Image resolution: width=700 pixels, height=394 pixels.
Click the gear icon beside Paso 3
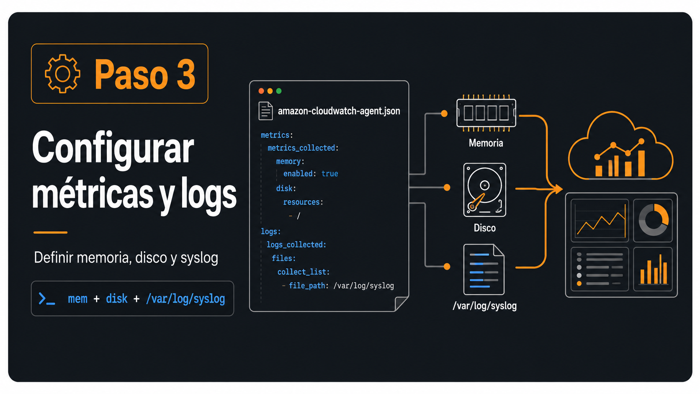(x=62, y=74)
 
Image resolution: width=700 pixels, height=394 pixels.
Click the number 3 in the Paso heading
(x=186, y=75)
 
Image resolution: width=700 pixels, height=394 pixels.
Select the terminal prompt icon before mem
(x=46, y=299)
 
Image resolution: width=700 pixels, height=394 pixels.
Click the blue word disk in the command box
(x=116, y=299)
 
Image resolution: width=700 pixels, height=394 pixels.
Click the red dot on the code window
(x=261, y=91)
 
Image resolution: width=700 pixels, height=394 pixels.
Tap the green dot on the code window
(x=279, y=91)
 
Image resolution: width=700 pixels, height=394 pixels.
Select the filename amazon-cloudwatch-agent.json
(x=339, y=111)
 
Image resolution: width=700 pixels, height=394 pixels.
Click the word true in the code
(x=329, y=174)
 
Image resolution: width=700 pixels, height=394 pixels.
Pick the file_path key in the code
(x=307, y=286)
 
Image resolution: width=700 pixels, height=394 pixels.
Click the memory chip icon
(x=486, y=113)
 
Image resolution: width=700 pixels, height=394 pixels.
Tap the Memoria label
(x=486, y=143)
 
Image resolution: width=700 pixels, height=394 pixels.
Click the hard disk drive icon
(x=485, y=190)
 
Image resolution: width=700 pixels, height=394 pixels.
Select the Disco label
(x=485, y=228)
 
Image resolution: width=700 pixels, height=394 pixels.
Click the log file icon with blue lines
(x=484, y=269)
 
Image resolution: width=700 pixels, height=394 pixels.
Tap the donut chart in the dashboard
(x=654, y=220)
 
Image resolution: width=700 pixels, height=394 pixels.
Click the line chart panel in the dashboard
(x=600, y=221)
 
